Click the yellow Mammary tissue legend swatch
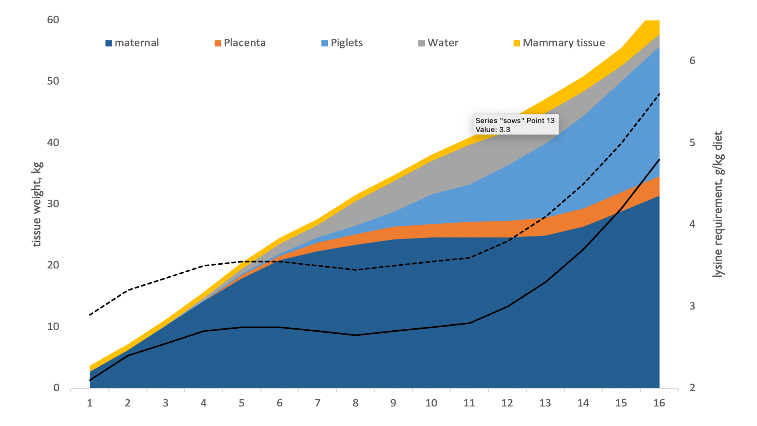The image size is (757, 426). point(517,43)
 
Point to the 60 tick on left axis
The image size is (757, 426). point(53,20)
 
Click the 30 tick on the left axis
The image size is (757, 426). point(53,204)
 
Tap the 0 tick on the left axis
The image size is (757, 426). point(56,388)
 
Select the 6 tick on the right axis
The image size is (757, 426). point(692,60)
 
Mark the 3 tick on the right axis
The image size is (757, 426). point(692,306)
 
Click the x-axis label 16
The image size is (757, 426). point(659,403)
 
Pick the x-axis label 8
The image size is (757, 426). point(355,403)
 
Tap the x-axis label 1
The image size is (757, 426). point(90,403)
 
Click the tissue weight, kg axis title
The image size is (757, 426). point(37,204)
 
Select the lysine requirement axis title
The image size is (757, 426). point(718,204)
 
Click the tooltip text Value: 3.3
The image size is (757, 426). point(493,130)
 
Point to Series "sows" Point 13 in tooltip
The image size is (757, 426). point(515,120)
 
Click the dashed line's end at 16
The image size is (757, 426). point(659,94)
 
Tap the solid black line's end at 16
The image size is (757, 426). point(659,159)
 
